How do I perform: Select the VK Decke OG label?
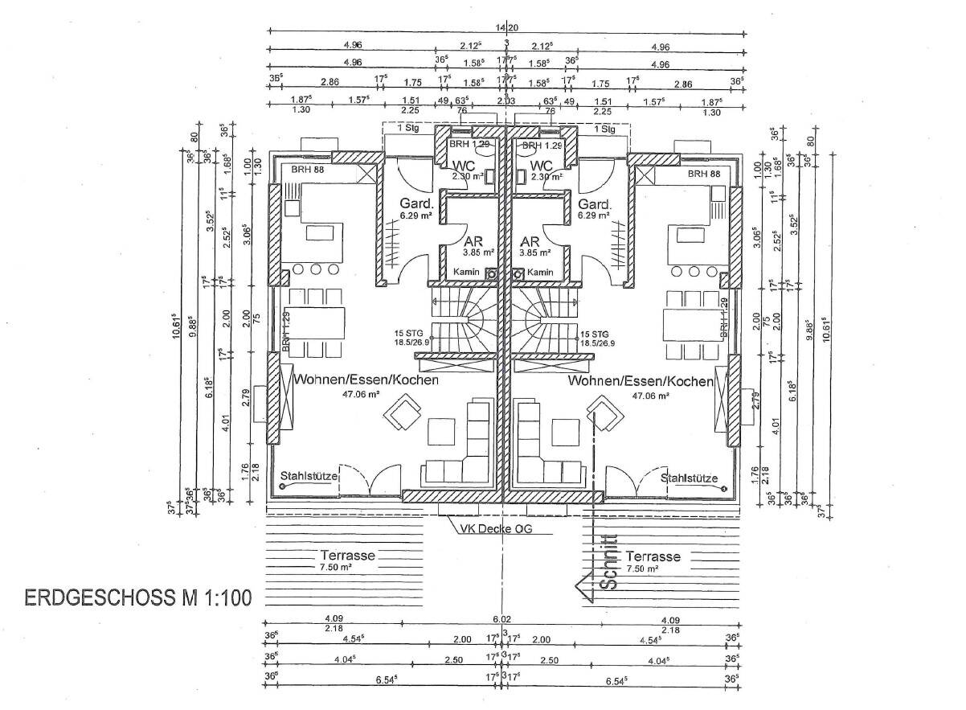(x=496, y=529)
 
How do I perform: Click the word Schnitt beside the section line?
(x=609, y=564)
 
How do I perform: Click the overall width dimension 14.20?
(x=506, y=26)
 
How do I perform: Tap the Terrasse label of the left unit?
(x=349, y=556)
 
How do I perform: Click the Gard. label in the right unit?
(x=595, y=203)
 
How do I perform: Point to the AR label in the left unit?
(x=473, y=240)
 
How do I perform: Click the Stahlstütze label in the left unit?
(x=309, y=478)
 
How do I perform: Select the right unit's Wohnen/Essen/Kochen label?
(x=641, y=380)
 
